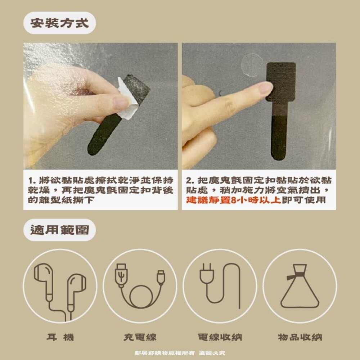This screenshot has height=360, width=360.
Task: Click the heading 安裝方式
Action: [x=59, y=23]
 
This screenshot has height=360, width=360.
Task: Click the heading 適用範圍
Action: [x=59, y=230]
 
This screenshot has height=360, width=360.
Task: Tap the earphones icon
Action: [x=60, y=286]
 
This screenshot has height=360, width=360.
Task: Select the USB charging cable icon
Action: [x=140, y=286]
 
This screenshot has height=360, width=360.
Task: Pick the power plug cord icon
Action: [x=220, y=286]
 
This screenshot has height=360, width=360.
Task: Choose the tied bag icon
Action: [x=300, y=286]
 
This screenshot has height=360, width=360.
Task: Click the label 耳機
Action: [x=60, y=337]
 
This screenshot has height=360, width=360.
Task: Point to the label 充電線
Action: [x=140, y=337]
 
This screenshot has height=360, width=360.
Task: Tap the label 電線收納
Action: [x=220, y=337]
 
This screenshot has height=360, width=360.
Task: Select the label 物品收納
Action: [x=300, y=337]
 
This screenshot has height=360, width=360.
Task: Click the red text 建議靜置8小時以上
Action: [x=233, y=200]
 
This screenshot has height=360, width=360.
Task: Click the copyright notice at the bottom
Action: [x=180, y=353]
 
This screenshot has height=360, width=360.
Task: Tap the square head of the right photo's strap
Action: [x=281, y=81]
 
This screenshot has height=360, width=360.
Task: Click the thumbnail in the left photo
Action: [x=121, y=103]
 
